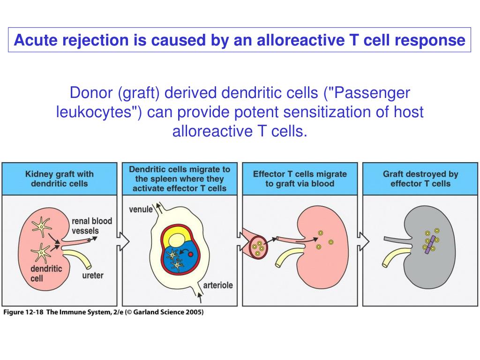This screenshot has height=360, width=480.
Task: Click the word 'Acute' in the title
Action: tap(34, 41)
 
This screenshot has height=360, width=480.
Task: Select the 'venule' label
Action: tap(141, 209)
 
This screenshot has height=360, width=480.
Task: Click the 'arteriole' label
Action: tap(218, 285)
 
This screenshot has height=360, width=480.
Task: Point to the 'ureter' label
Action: tap(93, 275)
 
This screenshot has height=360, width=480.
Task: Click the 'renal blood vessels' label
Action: tap(92, 225)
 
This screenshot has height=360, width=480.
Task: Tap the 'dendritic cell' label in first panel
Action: tap(46, 273)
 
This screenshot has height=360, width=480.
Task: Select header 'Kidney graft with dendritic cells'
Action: tap(59, 179)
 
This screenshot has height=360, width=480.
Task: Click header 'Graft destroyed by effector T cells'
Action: tap(420, 179)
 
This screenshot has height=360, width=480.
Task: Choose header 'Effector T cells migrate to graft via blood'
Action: tap(300, 179)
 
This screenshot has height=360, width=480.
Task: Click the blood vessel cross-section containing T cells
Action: tap(257, 247)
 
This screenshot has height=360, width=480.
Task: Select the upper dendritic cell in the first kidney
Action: tap(42, 226)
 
